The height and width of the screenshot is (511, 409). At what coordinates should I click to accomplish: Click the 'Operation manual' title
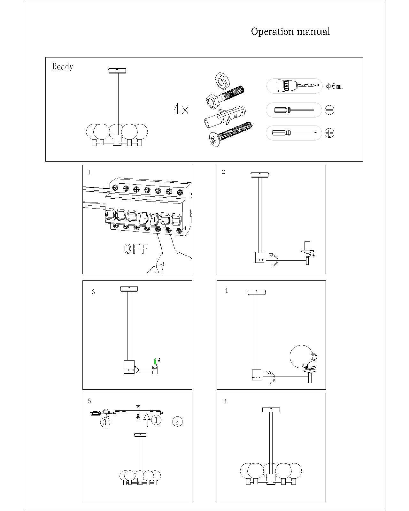(x=290, y=32)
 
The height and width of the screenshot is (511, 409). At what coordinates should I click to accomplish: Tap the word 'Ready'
(x=63, y=66)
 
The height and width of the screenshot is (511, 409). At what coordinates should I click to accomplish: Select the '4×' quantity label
(x=181, y=110)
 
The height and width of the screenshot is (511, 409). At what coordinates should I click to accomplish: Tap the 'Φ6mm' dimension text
(x=334, y=86)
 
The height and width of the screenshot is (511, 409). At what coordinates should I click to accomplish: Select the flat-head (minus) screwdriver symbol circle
(x=329, y=110)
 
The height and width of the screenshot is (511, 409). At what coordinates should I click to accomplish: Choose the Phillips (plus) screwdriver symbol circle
(x=329, y=133)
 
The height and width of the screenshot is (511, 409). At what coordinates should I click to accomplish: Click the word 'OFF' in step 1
(x=136, y=249)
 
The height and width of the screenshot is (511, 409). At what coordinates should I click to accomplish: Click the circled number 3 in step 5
(x=105, y=422)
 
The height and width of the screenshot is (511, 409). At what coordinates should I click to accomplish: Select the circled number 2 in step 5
(x=177, y=422)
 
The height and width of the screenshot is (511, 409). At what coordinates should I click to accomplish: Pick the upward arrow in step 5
(x=147, y=420)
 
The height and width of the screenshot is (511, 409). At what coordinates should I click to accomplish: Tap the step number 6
(x=225, y=401)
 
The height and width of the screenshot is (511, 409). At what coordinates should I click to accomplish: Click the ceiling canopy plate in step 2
(x=260, y=174)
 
